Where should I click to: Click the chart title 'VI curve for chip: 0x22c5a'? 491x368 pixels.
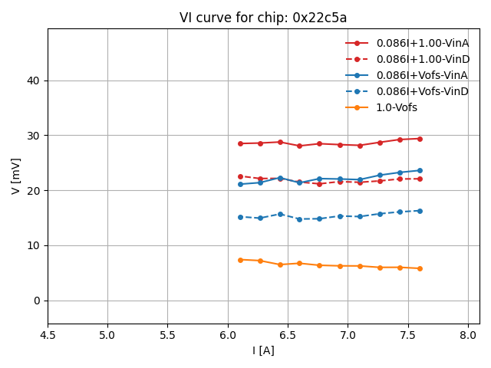pyautogui.click(x=263, y=18)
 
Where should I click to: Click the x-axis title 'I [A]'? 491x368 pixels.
pyautogui.click(x=263, y=350)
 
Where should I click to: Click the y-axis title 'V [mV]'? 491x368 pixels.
pyautogui.click(x=15, y=176)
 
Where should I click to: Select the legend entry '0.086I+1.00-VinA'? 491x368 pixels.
pyautogui.click(x=422, y=43)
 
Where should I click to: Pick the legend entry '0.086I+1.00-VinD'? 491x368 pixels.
pyautogui.click(x=422, y=59)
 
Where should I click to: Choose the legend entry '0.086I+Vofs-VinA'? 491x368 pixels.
pyautogui.click(x=422, y=75)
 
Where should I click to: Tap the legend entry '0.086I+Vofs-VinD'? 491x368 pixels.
pyautogui.click(x=422, y=91)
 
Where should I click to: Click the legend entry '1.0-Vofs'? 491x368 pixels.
pyautogui.click(x=397, y=107)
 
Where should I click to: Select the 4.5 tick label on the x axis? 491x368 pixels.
pyautogui.click(x=48, y=335)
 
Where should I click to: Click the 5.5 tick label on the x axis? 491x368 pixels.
pyautogui.click(x=167, y=335)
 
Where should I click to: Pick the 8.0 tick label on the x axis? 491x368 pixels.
pyautogui.click(x=468, y=335)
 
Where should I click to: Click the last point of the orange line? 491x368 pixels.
pyautogui.click(x=420, y=268)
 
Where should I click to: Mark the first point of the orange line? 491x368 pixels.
pyautogui.click(x=240, y=260)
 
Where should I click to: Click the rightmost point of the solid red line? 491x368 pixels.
pyautogui.click(x=420, y=139)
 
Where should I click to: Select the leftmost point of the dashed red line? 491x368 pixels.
pyautogui.click(x=240, y=176)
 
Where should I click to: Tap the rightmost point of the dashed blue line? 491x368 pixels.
pyautogui.click(x=420, y=211)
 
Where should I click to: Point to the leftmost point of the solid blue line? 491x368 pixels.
pyautogui.click(x=240, y=184)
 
